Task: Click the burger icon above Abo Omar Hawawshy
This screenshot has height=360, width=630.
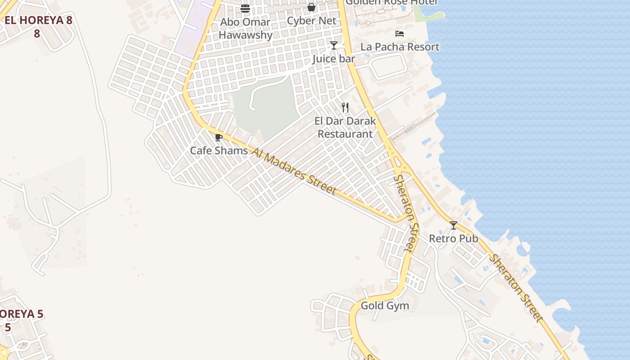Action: [x=245, y=8]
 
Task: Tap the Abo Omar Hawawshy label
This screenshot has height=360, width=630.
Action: [x=246, y=28]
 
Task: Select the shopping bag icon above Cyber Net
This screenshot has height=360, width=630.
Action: [x=311, y=7]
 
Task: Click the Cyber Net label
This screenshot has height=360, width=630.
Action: [x=311, y=21]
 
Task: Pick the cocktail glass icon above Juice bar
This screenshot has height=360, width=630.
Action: [x=334, y=45]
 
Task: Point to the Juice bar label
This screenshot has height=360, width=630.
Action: [x=334, y=59]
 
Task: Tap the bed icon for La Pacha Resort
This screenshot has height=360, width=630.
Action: [x=399, y=34]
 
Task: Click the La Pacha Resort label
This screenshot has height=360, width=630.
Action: [x=400, y=47]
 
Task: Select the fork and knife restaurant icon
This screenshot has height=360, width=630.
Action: [x=345, y=108]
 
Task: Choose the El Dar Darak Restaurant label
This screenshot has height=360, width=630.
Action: [x=345, y=127]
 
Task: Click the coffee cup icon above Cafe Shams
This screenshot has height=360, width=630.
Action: [x=219, y=137]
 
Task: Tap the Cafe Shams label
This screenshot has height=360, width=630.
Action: [x=219, y=150]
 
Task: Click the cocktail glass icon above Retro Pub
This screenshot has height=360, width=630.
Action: [x=454, y=225]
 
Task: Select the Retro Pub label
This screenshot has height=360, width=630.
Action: [x=454, y=238]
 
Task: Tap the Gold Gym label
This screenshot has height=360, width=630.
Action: [x=385, y=306]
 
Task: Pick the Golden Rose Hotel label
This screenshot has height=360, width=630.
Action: [x=391, y=3]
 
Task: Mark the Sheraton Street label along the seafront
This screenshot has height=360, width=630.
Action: [x=516, y=288]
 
